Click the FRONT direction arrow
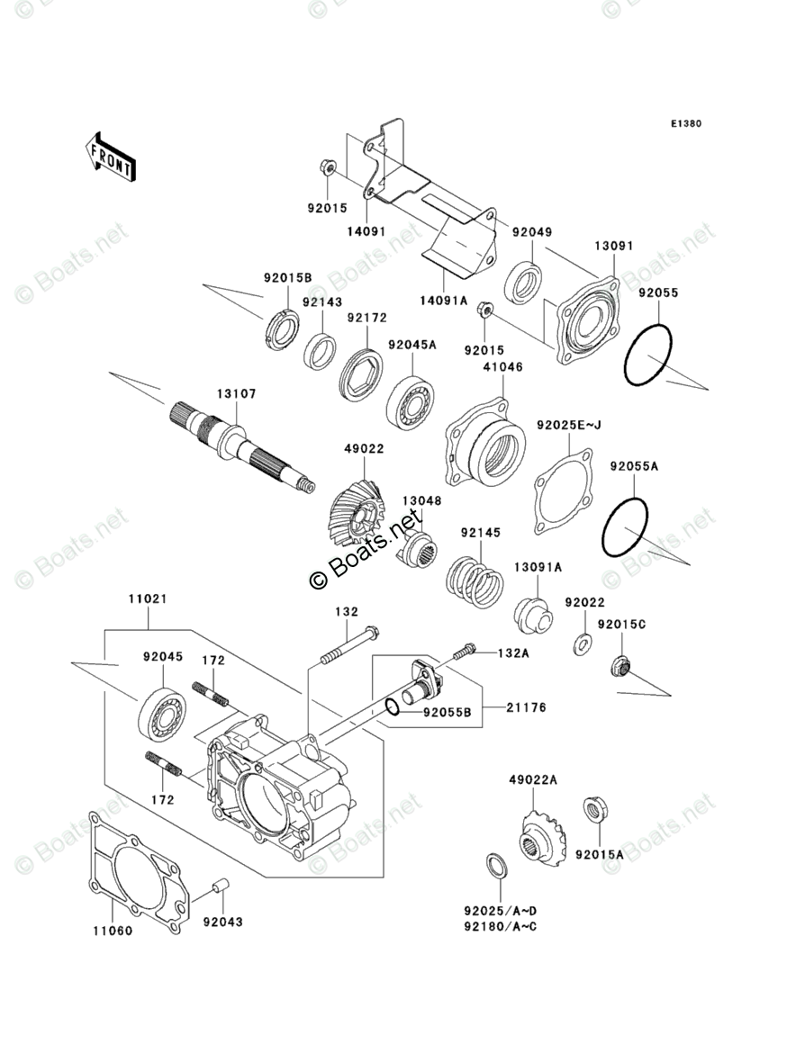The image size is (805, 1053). point(111,157)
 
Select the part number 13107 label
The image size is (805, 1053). point(236,393)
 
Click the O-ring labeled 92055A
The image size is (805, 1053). point(624,528)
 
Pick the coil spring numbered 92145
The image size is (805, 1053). point(475,582)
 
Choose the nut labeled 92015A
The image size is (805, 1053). point(594,809)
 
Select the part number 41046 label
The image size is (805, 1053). point(502,366)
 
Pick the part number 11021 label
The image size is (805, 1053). point(146,598)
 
